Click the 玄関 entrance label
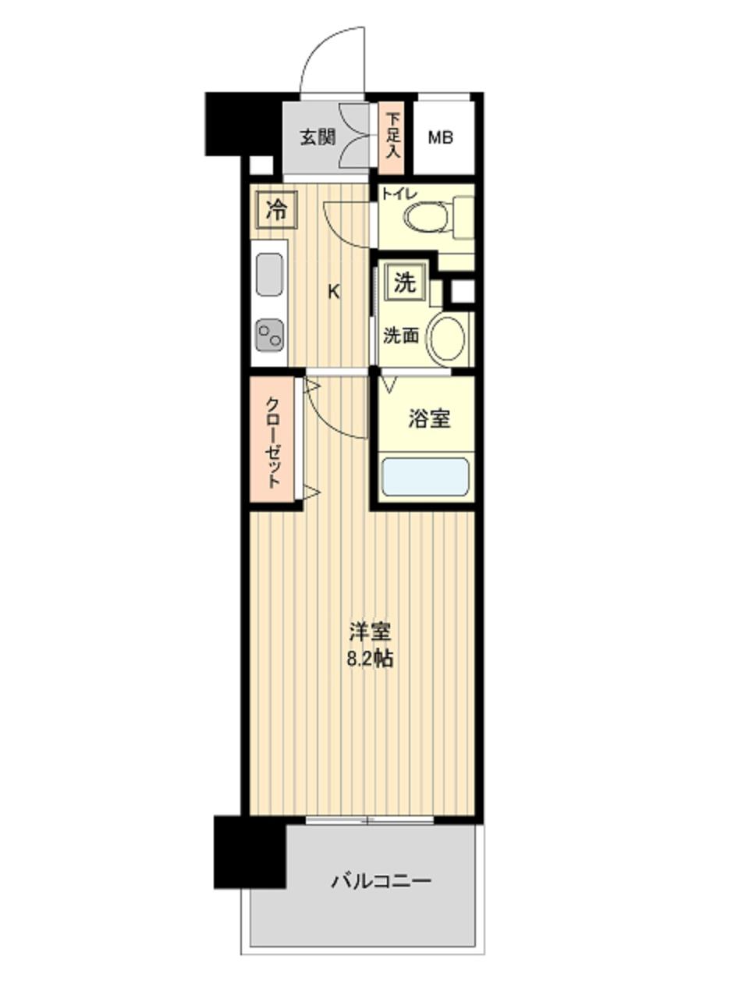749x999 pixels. click(318, 137)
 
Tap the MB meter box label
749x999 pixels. click(441, 138)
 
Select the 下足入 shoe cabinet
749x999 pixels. click(392, 137)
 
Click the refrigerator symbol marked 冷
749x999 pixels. click(275, 208)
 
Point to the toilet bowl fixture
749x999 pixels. click(428, 215)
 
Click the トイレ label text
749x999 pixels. click(399, 194)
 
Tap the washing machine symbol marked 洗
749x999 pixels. click(404, 283)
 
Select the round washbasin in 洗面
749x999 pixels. click(449, 337)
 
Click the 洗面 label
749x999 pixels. click(400, 336)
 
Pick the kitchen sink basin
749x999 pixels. click(269, 276)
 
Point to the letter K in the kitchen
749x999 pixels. click(333, 293)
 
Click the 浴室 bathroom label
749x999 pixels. click(428, 419)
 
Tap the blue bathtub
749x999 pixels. click(424, 477)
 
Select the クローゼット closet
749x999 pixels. click(273, 441)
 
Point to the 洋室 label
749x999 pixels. click(369, 631)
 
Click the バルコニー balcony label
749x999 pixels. click(381, 882)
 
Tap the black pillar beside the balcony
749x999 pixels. click(249, 851)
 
